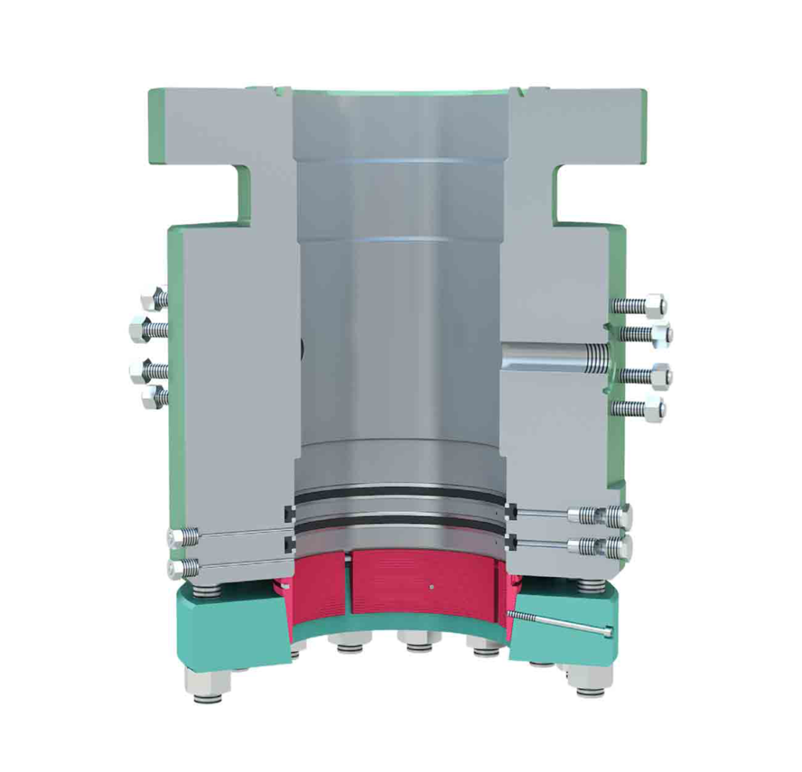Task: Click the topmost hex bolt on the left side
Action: [151, 298]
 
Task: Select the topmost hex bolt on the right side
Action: [652, 305]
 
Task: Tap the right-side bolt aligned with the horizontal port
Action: [658, 376]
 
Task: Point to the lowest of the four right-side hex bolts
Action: [652, 408]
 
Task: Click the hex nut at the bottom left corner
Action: [208, 681]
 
